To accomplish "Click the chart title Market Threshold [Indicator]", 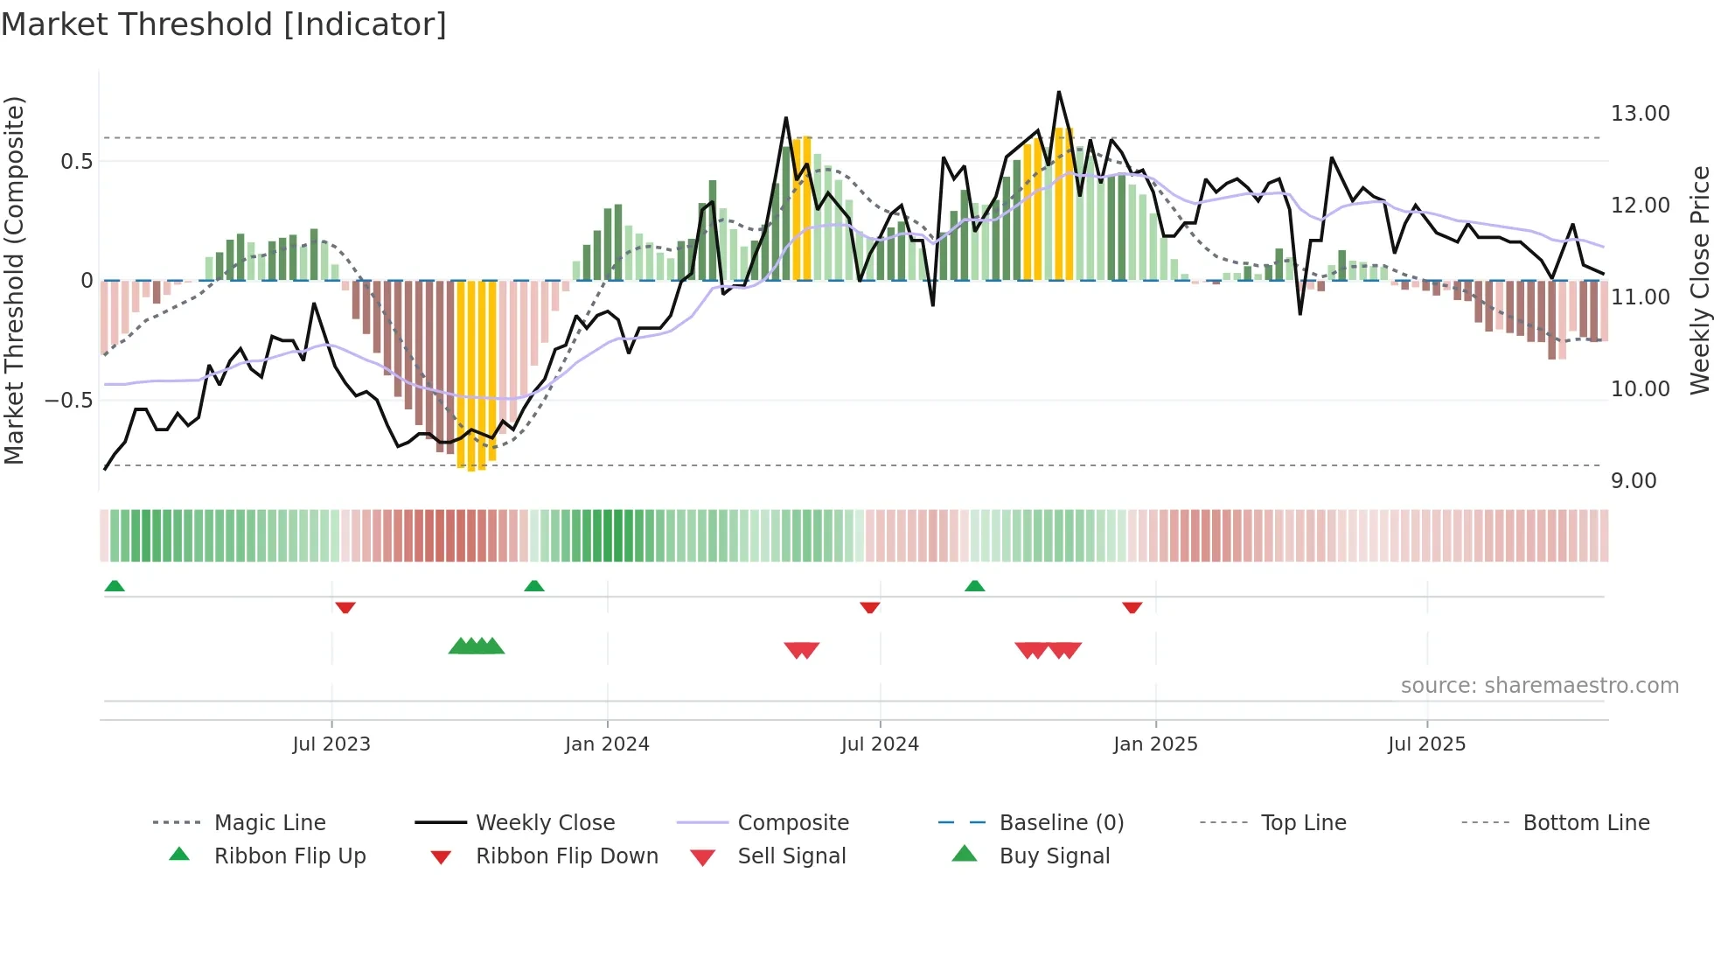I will (224, 24).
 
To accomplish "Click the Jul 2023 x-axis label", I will (331, 744).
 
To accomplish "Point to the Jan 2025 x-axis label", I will (1155, 744).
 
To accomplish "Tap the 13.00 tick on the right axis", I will (1640, 114).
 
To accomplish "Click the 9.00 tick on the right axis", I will (1634, 481).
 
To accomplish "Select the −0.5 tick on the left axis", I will (68, 400).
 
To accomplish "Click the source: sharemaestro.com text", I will (1539, 685).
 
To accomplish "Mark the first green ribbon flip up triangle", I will (115, 586).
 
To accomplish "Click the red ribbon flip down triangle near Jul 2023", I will (345, 607).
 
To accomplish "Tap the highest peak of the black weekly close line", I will (1059, 92).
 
